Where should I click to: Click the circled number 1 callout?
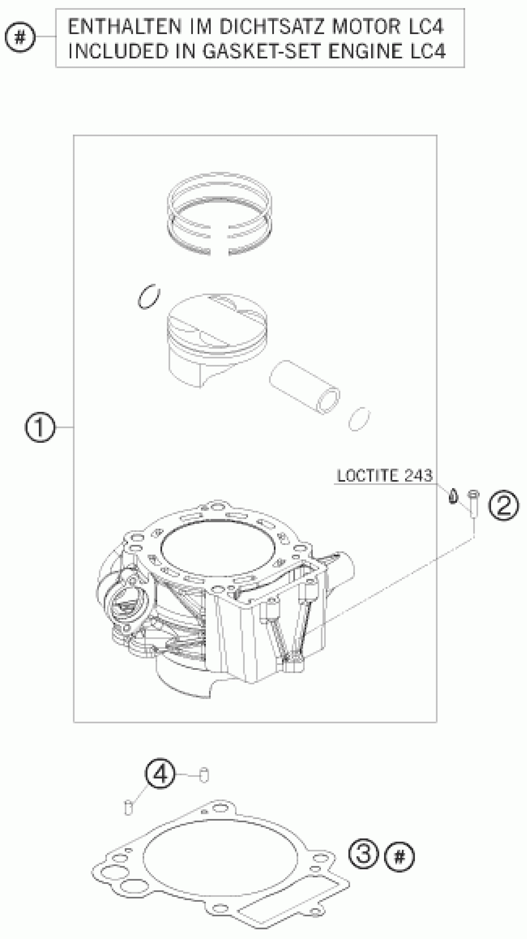coord(40,427)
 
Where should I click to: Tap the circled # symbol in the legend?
coord(20,37)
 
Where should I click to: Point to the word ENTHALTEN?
coord(124,27)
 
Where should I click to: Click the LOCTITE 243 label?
coord(384,476)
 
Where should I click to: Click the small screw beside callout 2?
coord(473,503)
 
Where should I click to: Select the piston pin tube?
coord(304,387)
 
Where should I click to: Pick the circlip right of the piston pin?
coord(359,419)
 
